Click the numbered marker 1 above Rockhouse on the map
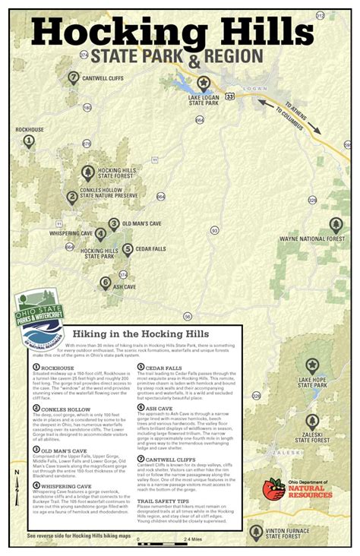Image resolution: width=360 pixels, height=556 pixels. tap(29, 141)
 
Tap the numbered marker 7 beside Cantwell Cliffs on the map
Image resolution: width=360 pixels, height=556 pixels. tap(73, 77)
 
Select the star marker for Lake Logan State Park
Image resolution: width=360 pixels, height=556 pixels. tap(203, 83)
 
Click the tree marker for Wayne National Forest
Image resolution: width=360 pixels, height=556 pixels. tap(336, 224)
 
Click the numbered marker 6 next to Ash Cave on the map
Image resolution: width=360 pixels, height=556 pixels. tap(105, 283)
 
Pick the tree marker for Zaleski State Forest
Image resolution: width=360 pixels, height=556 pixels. tap(312, 421)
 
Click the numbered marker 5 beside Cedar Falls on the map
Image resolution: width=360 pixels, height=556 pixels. tap(128, 248)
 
